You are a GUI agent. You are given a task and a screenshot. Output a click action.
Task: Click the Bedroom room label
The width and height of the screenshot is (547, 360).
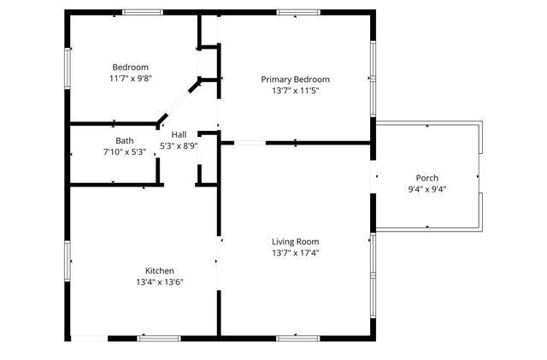click(131, 68)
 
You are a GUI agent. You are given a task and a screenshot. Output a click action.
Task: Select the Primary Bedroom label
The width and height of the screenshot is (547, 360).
click(295, 79)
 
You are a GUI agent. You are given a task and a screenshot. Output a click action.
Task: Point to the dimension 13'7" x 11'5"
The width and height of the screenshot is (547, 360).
click(295, 90)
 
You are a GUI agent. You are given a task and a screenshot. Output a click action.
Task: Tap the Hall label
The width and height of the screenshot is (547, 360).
click(179, 135)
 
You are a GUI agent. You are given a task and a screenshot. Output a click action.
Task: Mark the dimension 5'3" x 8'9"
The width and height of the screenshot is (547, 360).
click(179, 146)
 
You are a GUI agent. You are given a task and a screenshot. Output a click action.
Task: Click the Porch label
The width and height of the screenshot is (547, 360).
click(427, 178)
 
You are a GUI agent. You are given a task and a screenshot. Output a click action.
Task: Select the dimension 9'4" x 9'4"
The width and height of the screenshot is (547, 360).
click(427, 189)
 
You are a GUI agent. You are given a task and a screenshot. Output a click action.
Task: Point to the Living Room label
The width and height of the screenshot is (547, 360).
click(296, 241)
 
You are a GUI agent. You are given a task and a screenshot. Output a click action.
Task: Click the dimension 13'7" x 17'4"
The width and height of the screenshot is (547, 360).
click(296, 252)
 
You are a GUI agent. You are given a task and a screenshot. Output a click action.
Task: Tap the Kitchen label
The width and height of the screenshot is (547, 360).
click(160, 270)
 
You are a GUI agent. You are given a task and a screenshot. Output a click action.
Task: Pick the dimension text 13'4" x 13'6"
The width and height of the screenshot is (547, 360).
click(160, 281)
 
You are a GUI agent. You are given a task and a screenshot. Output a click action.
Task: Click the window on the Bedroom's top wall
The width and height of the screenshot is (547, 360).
click(143, 12)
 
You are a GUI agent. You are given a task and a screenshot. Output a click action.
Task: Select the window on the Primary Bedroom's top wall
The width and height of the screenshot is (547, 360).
click(297, 12)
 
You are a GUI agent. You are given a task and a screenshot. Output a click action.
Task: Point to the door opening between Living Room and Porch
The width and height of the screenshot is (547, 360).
click(373, 178)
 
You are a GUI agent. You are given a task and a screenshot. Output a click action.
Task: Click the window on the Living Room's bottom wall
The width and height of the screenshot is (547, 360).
click(297, 339)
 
